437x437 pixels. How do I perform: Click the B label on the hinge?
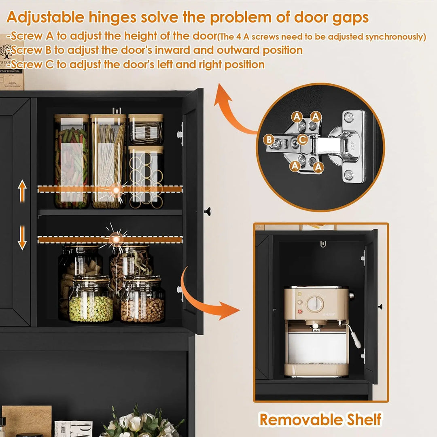click(268, 140)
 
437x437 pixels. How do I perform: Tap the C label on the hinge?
click(302, 140)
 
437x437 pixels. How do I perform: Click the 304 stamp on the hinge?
click(352, 143)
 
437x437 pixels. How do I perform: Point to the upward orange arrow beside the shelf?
click(22, 191)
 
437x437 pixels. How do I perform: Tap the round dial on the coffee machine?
click(314, 303)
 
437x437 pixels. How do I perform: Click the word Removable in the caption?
click(298, 419)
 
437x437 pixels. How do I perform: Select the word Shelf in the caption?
click(361, 419)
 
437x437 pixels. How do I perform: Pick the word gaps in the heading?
click(349, 17)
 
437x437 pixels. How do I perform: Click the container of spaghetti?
click(108, 162)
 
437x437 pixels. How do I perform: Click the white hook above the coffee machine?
click(322, 244)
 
